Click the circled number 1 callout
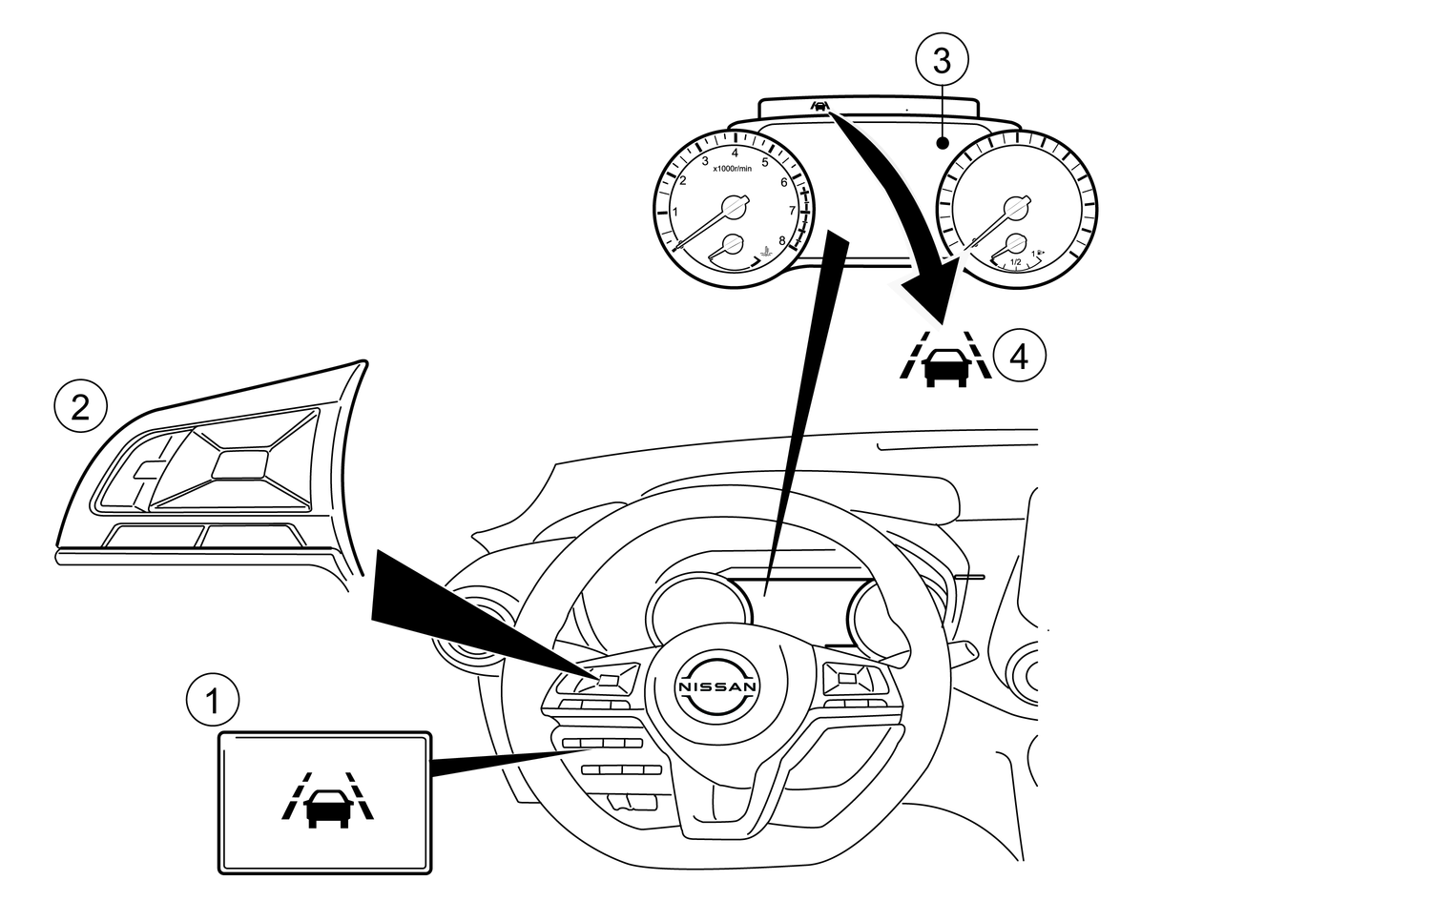(x=213, y=703)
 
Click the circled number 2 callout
(x=81, y=408)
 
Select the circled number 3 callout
(x=942, y=61)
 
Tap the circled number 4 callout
(x=1019, y=357)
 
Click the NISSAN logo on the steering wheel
(x=716, y=686)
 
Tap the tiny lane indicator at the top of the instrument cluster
(x=819, y=106)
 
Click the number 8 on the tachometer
(x=782, y=241)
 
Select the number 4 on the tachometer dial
(x=735, y=153)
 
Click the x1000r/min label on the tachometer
(x=732, y=169)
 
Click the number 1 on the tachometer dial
(x=675, y=212)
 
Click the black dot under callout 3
(x=942, y=144)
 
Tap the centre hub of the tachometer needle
(x=732, y=206)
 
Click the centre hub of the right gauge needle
(x=1015, y=207)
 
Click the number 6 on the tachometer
(x=784, y=182)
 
